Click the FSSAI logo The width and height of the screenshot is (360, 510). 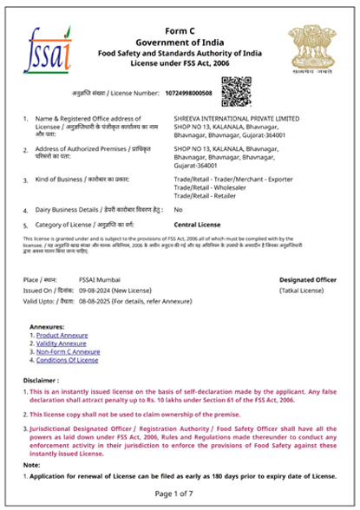pyautogui.click(x=47, y=49)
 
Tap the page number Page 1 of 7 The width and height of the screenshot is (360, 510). pyautogui.click(x=179, y=494)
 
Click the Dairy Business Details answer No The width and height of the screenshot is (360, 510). pyautogui.click(x=178, y=210)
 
